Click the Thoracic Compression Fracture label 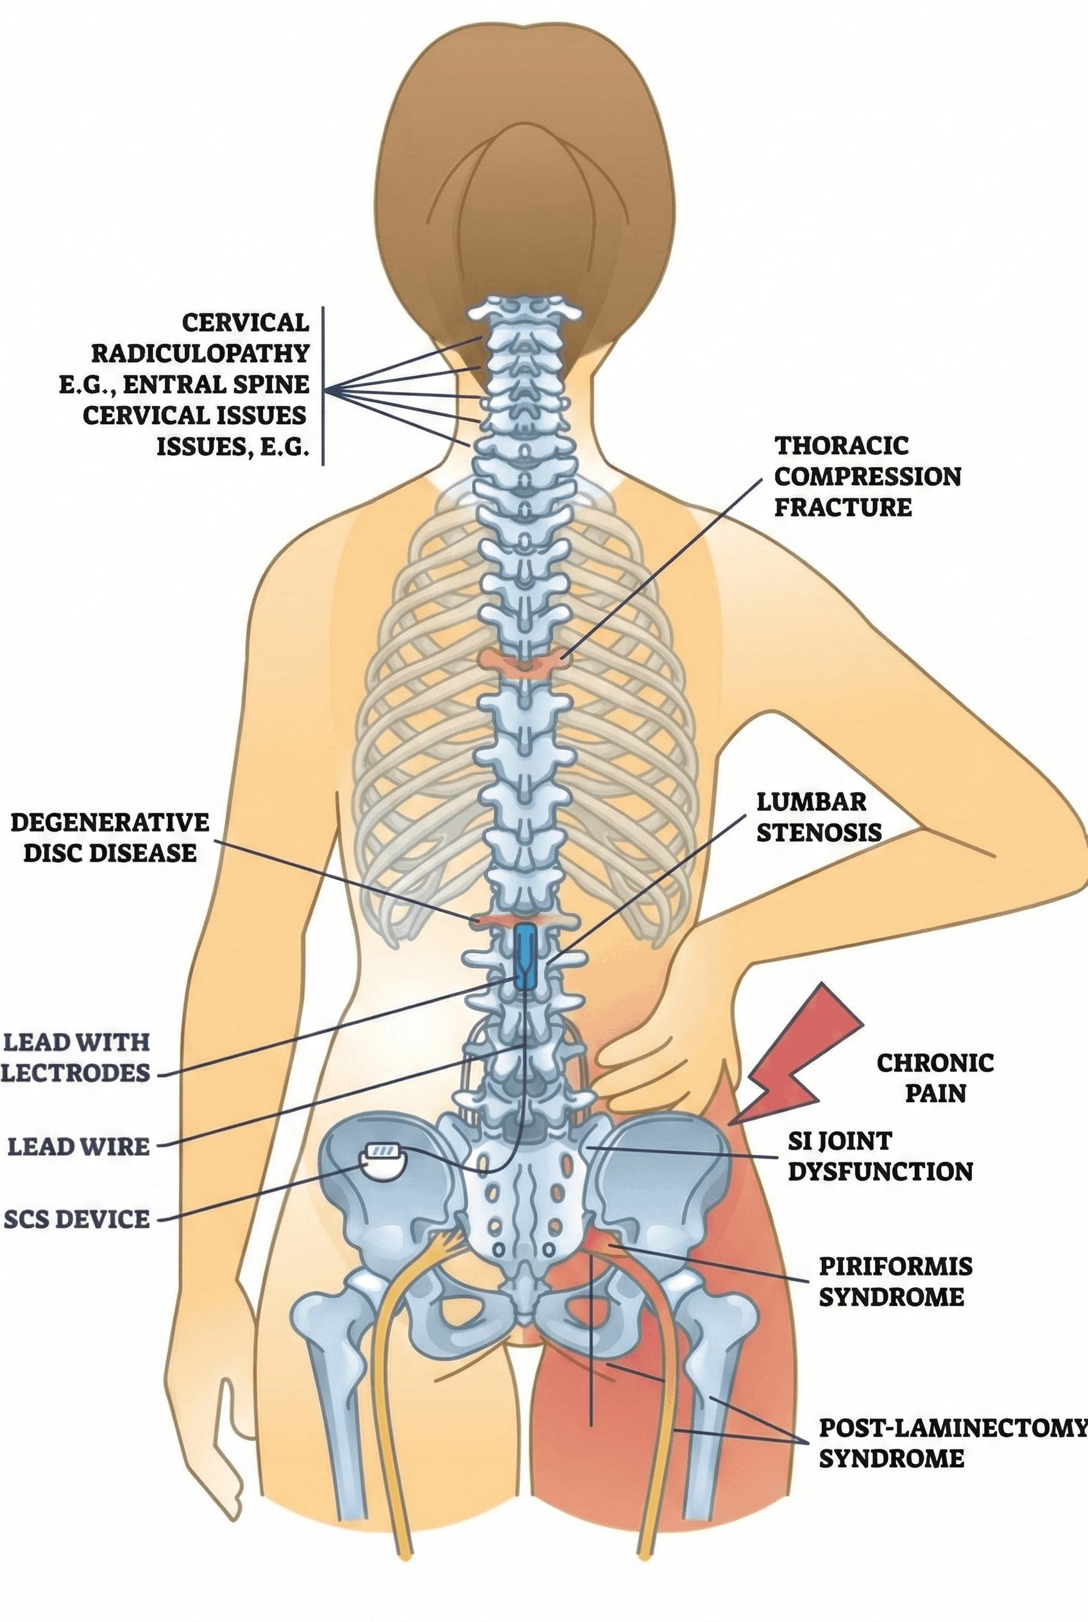click(867, 476)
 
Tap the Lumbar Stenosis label click(818, 817)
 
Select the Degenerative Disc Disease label click(110, 837)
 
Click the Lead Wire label click(78, 1146)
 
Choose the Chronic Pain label click(935, 1077)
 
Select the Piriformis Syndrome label click(894, 1281)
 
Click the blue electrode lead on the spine click(525, 957)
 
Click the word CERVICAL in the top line click(246, 322)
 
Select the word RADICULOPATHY click(200, 353)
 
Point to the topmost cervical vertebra click(524, 307)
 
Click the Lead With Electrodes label click(76, 1056)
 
